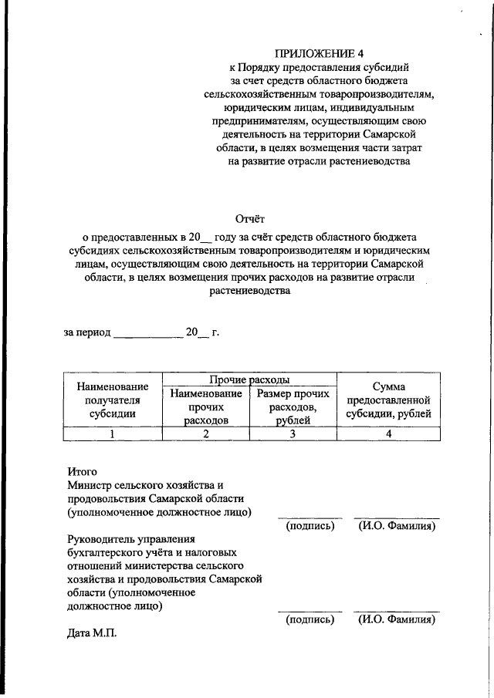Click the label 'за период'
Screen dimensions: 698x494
click(x=86, y=332)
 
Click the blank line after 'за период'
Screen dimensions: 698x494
click(x=147, y=334)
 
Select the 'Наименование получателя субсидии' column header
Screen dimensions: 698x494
click(x=111, y=400)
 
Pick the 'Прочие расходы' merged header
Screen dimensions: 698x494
click(x=249, y=379)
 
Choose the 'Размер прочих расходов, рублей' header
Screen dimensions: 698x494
click(x=293, y=406)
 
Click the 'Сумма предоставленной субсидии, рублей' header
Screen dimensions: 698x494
click(x=388, y=400)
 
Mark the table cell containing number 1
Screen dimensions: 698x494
click(x=111, y=434)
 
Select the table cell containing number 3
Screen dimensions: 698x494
click(x=293, y=434)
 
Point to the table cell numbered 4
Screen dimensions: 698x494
click(x=388, y=434)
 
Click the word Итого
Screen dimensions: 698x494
click(x=83, y=471)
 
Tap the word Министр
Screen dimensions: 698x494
click(x=94, y=484)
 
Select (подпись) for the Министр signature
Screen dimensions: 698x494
click(x=310, y=526)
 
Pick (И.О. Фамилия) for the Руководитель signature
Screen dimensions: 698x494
click(x=397, y=619)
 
